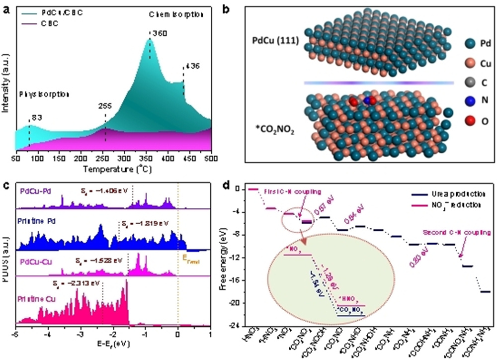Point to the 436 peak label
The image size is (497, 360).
191,66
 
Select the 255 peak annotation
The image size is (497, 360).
106,106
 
